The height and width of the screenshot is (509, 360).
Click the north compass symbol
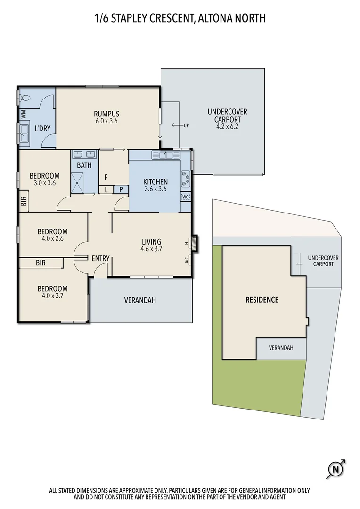click(x=335, y=469)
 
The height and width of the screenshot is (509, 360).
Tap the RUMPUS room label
click(x=106, y=114)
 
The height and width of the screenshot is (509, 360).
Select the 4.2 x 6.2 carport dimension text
click(x=227, y=126)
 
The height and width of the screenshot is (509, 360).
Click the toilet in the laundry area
click(x=25, y=99)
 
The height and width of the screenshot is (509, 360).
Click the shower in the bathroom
click(x=78, y=181)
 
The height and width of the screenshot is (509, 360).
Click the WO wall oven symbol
click(x=186, y=197)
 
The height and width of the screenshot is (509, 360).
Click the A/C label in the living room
click(x=187, y=259)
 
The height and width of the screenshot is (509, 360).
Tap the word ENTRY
click(x=100, y=258)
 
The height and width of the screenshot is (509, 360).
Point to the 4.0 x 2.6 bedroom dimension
click(x=52, y=239)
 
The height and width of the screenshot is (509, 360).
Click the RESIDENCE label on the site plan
click(x=262, y=300)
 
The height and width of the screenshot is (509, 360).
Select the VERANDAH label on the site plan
click(x=281, y=348)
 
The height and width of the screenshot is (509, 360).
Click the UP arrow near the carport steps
click(x=180, y=126)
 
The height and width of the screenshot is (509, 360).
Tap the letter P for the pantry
click(x=121, y=189)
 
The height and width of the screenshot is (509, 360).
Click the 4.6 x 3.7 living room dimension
click(x=151, y=249)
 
